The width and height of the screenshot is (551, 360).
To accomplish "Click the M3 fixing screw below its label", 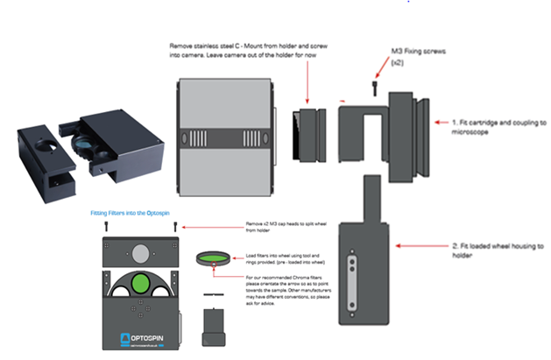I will [x=376, y=88].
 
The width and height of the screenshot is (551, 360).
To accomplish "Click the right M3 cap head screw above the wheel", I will [x=176, y=227].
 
